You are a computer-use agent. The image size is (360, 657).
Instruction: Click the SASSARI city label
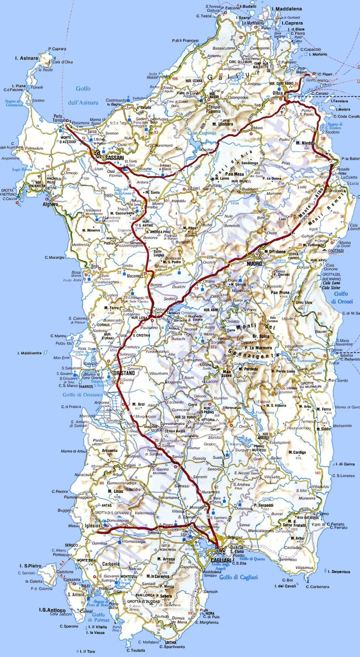pos(114,159)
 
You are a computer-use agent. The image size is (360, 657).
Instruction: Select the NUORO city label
pos(254,264)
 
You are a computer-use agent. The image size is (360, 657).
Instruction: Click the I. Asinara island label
pos(26,58)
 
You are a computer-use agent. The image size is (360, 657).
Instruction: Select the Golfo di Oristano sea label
pos(82,395)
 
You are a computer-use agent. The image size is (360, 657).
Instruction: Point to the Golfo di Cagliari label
pos(238,577)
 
